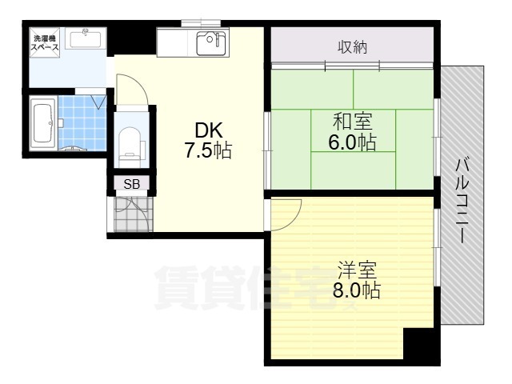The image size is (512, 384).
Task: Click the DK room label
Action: [x=209, y=130]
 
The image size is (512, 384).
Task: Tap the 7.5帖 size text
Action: [x=208, y=151]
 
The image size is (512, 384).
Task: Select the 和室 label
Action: [x=352, y=121]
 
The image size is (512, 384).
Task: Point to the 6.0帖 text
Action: [x=352, y=142]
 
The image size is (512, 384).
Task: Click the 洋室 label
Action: [x=357, y=270]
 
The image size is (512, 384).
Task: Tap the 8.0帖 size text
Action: [x=357, y=290]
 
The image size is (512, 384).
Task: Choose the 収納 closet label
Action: [x=352, y=47]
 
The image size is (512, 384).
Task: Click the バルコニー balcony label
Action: [x=462, y=201]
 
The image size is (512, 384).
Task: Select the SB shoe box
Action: [x=131, y=184]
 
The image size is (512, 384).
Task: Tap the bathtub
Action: [x=42, y=123]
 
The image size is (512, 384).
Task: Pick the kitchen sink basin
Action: [x=210, y=43]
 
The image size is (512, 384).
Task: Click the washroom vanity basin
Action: [x=86, y=38]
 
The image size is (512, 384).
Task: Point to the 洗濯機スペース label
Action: [x=45, y=43]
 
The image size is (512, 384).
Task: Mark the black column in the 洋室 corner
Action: [x=419, y=343]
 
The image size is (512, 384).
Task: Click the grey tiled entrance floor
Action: [x=134, y=214]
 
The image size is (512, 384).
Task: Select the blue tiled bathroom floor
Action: [x=82, y=123]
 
